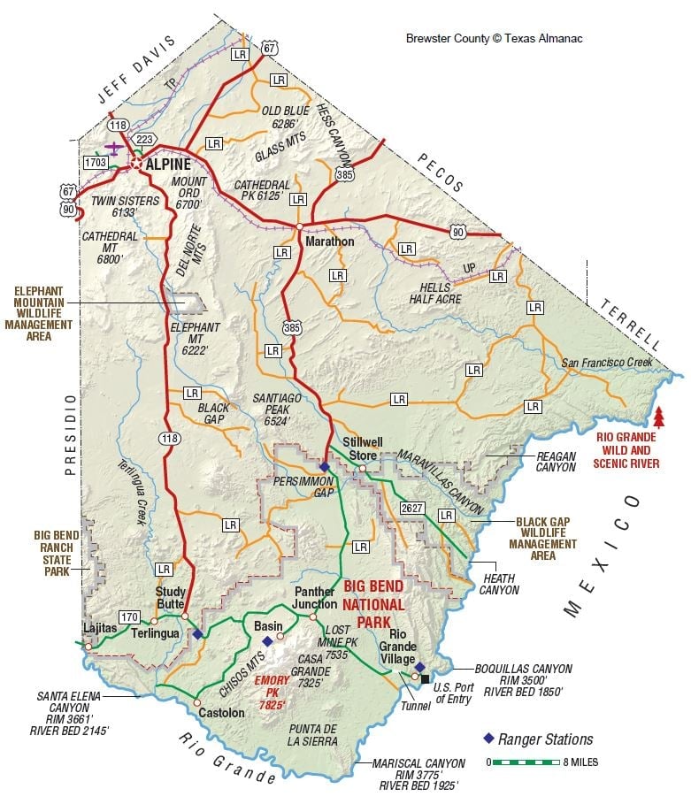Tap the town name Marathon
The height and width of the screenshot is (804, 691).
point(329,241)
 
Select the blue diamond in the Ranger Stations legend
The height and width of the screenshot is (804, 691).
point(487,739)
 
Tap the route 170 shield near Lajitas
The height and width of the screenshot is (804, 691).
point(130,616)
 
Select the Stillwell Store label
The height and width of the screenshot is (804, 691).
point(360,449)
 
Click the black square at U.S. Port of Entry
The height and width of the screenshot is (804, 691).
point(426,678)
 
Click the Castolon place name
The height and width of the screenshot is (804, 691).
point(221,712)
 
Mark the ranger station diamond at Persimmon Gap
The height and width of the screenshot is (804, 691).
point(325,466)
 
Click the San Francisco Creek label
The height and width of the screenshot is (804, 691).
point(606,364)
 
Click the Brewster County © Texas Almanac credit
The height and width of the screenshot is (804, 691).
point(494,39)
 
